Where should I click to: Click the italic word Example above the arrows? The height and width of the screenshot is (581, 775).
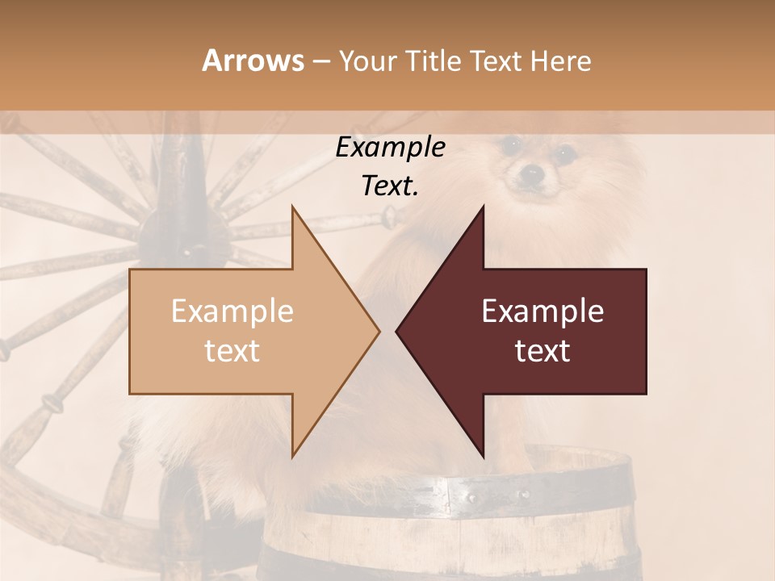pyautogui.click(x=390, y=148)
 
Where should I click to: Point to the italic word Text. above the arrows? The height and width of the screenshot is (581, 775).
pyautogui.click(x=390, y=186)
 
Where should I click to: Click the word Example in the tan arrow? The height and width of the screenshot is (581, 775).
pyautogui.click(x=232, y=311)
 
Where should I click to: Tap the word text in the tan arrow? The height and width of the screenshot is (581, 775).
pyautogui.click(x=232, y=351)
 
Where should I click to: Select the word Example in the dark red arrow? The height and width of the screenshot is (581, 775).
pyautogui.click(x=542, y=311)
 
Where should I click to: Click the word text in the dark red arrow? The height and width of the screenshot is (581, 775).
pyautogui.click(x=542, y=351)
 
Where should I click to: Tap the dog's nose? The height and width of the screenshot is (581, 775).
pyautogui.click(x=530, y=172)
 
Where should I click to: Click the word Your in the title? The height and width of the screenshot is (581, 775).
pyautogui.click(x=367, y=61)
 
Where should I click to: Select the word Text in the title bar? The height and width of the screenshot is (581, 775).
pyautogui.click(x=496, y=61)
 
